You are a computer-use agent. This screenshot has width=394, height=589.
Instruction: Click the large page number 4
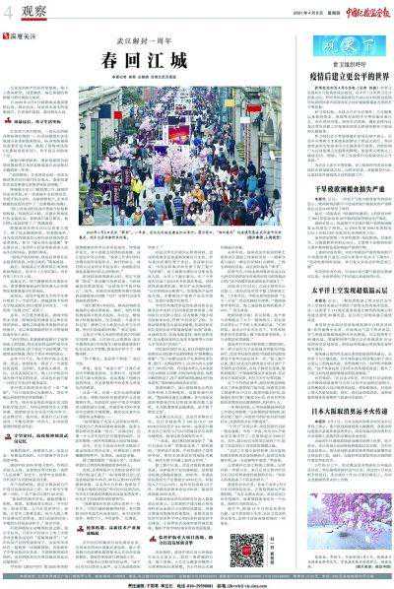[x=10, y=12]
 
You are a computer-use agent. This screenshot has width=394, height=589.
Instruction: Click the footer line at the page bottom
[x=197, y=582]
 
